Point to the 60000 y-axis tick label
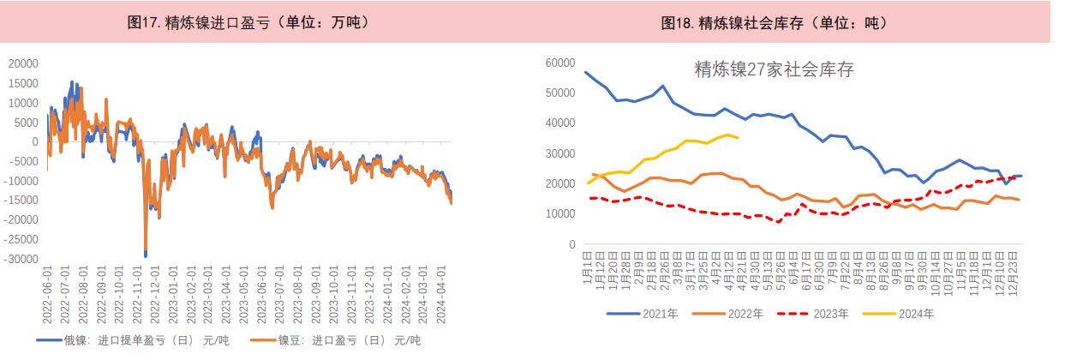tap(559, 62)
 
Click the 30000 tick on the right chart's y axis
tap(559, 153)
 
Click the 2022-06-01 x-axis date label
tap(48, 296)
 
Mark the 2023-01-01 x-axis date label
tap(174, 296)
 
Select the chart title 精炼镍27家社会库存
tap(774, 70)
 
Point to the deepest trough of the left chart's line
tap(146, 255)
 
